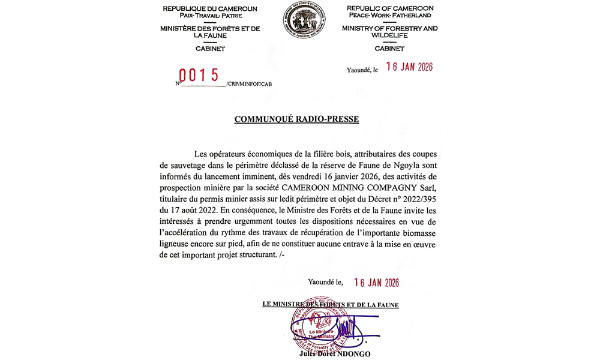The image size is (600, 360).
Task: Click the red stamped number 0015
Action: (200, 75)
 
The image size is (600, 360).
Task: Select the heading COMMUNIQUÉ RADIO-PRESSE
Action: (296, 119)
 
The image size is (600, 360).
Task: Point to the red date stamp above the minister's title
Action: (376, 283)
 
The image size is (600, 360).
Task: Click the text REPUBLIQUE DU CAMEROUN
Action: (210, 8)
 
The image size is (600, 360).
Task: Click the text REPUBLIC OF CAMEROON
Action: (390, 8)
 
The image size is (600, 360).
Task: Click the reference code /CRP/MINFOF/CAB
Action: (245, 85)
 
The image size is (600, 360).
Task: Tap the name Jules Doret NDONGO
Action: (334, 354)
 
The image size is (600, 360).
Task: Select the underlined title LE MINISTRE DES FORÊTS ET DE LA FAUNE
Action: (331, 305)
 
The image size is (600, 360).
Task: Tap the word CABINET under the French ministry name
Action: (210, 48)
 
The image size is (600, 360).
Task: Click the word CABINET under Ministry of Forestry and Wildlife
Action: (390, 48)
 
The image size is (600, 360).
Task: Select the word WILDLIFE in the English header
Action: (390, 35)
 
